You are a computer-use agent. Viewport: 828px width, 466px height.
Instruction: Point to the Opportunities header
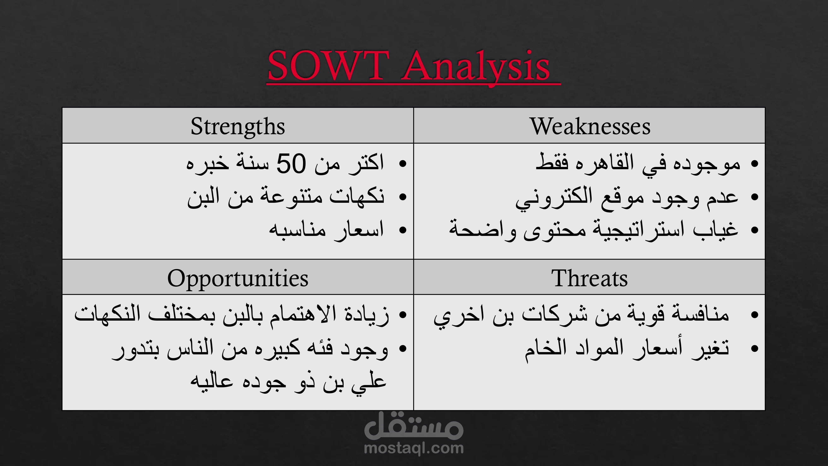[238, 279]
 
